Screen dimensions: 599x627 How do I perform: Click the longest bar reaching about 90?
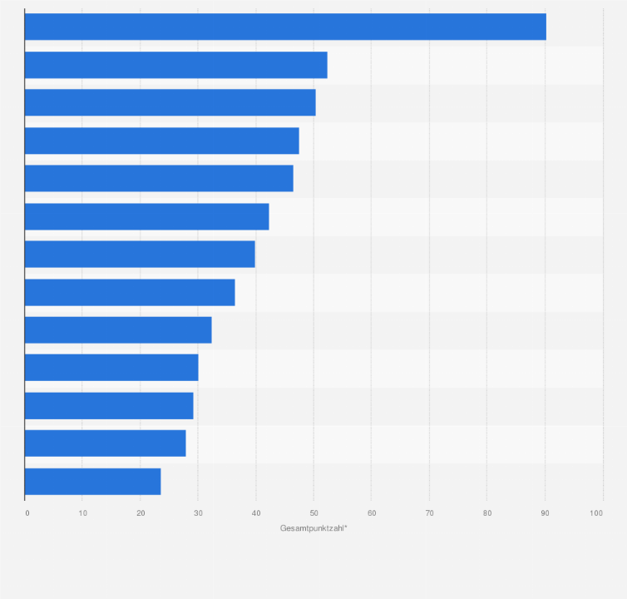[x=285, y=27]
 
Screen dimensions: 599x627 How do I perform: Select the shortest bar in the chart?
[x=92, y=482]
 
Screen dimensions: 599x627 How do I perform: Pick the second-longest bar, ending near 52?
[x=175, y=65]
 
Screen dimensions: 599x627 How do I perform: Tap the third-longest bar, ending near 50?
[x=170, y=102]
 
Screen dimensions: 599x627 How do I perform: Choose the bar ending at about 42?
[x=146, y=216]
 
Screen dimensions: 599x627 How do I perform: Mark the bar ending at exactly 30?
[x=111, y=368]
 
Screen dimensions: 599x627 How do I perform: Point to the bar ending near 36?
[x=130, y=292]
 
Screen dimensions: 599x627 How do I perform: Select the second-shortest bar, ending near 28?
[x=105, y=443]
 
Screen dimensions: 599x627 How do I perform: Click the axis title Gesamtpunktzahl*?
[x=313, y=528]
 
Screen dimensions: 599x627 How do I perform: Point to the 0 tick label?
[x=27, y=512]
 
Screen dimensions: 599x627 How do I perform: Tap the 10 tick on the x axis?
[x=82, y=512]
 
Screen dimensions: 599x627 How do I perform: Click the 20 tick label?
[x=140, y=512]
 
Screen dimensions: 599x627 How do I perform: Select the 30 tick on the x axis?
[x=198, y=512]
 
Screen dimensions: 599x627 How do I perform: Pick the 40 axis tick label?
[x=255, y=512]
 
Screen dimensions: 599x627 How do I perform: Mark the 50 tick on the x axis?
[x=313, y=512]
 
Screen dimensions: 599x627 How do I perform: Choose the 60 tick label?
[x=371, y=512]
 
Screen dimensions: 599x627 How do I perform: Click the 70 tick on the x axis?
[x=429, y=512]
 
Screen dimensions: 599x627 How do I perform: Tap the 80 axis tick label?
[x=486, y=512]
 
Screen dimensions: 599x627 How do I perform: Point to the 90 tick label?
[x=545, y=512]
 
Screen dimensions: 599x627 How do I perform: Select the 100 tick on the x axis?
[x=596, y=512]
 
